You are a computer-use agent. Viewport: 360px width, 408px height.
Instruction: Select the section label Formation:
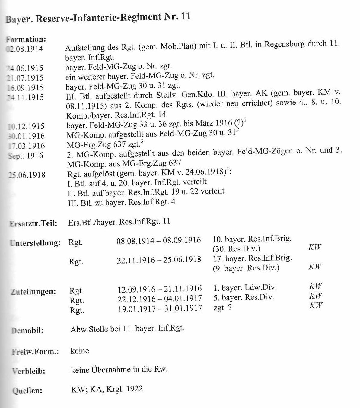point(26,39)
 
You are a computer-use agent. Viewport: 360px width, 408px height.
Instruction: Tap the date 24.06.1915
point(25,68)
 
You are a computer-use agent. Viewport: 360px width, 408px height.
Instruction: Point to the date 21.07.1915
point(25,78)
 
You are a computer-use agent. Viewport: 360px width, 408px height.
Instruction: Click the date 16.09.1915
point(25,87)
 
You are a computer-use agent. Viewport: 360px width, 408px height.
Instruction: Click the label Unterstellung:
point(35,243)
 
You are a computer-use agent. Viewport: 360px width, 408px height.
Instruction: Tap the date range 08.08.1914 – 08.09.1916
point(159,240)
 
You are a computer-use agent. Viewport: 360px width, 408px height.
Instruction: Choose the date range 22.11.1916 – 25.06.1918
point(159,259)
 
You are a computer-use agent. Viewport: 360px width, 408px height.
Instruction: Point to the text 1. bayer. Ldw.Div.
point(245,287)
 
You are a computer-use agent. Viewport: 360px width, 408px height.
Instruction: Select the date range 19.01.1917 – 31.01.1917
point(160,308)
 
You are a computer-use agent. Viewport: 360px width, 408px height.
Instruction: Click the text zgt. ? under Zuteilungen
point(223,308)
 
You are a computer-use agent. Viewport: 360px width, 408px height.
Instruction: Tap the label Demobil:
point(27,330)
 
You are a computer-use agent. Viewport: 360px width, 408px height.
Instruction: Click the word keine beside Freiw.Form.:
point(80,351)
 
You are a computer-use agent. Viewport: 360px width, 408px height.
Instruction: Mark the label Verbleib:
point(28,371)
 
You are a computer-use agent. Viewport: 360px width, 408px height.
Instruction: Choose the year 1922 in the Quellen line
point(135,389)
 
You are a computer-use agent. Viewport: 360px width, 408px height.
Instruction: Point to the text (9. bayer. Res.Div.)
point(246,268)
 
